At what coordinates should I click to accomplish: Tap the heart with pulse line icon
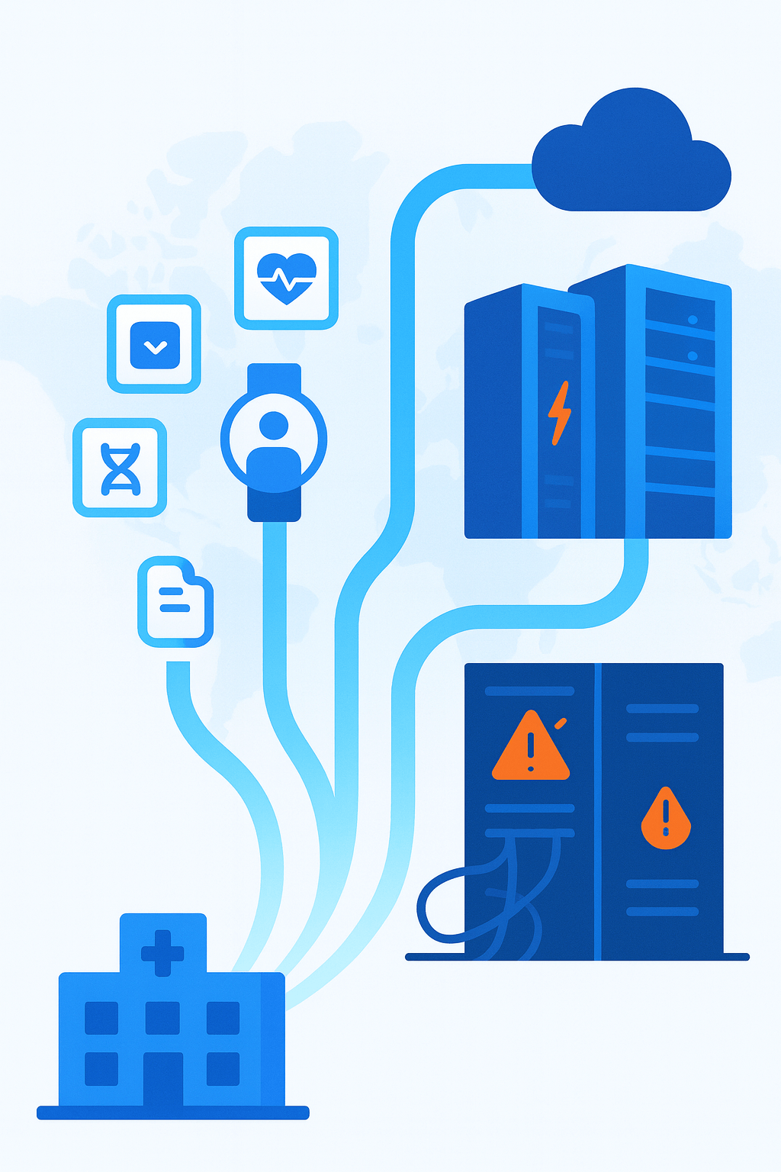tap(286, 278)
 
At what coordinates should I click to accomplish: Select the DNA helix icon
tap(121, 468)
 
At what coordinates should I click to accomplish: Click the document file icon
tap(175, 602)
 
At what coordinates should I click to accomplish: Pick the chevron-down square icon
tap(155, 346)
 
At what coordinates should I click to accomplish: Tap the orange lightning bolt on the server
tap(559, 413)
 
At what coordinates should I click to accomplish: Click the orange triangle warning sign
tap(531, 748)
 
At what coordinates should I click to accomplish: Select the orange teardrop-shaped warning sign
tap(666, 819)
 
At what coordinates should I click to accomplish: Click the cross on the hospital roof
tap(162, 952)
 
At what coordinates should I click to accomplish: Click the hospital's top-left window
tap(101, 1018)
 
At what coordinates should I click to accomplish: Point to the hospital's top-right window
tap(223, 1018)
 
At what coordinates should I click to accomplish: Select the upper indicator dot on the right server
tap(693, 320)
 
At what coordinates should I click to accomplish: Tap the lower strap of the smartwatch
tap(275, 504)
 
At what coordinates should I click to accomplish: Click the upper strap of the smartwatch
tap(275, 378)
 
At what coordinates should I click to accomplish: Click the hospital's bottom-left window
tap(101, 1068)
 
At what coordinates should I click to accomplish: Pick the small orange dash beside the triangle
tap(561, 723)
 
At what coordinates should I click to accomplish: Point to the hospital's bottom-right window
tap(223, 1068)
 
